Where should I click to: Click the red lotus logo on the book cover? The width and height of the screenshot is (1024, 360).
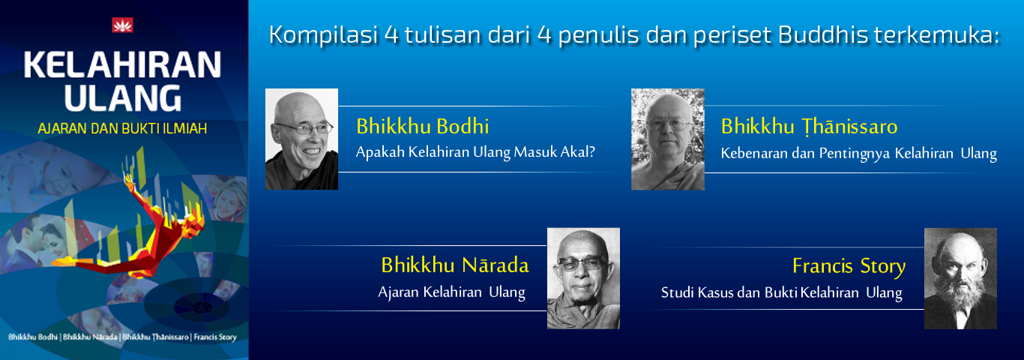122,25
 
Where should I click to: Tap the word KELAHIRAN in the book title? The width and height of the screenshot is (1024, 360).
122,65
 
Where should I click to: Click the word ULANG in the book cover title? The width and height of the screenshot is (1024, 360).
123,98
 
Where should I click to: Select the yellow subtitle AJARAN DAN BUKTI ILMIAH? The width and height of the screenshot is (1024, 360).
122,128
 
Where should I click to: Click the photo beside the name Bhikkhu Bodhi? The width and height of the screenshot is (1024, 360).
301,139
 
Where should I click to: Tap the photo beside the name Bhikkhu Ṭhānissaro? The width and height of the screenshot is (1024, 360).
668,139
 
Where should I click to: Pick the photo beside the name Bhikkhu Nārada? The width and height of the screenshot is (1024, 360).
583,278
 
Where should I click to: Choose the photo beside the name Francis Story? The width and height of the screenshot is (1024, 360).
960,278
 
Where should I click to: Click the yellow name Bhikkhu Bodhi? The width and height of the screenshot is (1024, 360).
422,126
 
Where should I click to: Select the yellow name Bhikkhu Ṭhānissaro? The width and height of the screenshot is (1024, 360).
809,127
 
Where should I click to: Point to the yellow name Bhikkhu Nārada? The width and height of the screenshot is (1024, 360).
455,265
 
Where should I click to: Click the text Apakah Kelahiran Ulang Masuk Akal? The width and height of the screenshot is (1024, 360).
475,151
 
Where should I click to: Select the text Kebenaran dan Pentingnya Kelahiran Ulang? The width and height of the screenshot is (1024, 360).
859,153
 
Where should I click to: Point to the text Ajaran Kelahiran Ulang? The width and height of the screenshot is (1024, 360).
452,292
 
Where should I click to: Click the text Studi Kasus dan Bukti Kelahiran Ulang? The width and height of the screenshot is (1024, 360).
782,292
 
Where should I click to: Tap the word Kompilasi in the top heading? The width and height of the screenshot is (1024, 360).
324,35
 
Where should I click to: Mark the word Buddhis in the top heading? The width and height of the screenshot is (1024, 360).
822,34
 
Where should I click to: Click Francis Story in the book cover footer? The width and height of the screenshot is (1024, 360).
215,337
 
